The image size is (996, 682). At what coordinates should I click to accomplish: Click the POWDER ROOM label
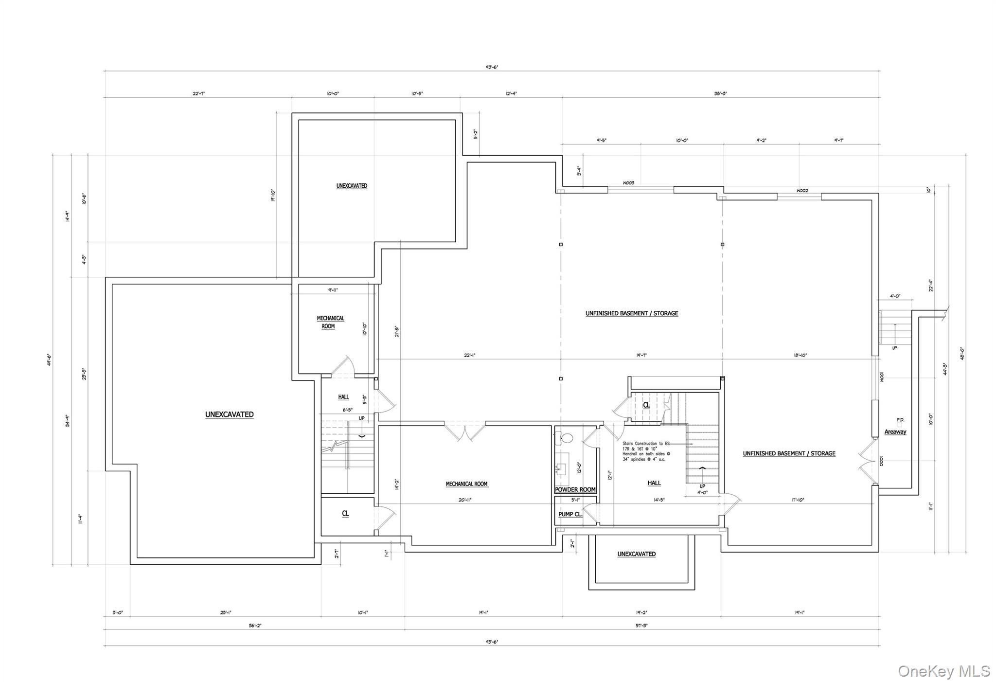click(x=575, y=489)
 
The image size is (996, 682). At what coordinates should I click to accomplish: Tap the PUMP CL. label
click(x=570, y=514)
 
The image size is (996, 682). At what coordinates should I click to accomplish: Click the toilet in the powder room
click(x=567, y=437)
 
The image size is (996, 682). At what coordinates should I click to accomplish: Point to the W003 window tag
click(x=628, y=183)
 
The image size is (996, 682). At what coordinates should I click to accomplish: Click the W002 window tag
click(x=802, y=191)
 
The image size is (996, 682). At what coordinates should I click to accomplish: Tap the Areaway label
click(x=895, y=431)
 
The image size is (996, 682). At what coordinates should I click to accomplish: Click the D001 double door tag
click(x=881, y=461)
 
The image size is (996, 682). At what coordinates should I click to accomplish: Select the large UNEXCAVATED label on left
click(x=229, y=414)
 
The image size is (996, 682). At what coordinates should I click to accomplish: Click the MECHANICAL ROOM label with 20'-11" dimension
click(x=466, y=484)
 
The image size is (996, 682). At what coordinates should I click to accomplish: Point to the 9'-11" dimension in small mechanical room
click(x=333, y=290)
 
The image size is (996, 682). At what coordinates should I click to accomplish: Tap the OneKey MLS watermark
click(x=943, y=671)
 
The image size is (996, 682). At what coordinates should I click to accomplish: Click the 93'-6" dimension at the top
click(x=492, y=67)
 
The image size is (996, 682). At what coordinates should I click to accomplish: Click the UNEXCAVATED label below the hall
click(x=636, y=554)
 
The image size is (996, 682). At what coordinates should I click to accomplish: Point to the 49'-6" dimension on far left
click(x=50, y=360)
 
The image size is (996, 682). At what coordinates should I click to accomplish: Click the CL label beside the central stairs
click(x=646, y=405)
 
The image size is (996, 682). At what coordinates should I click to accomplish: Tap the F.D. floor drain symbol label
click(x=900, y=420)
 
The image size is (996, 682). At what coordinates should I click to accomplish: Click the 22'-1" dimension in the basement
click(x=469, y=355)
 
